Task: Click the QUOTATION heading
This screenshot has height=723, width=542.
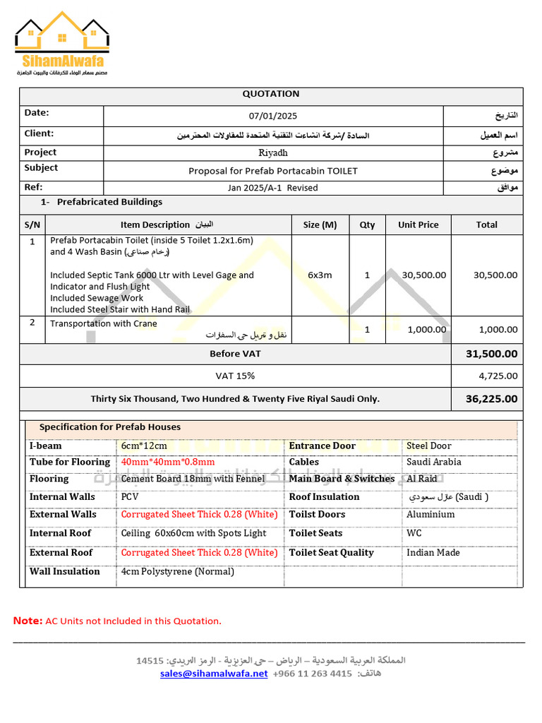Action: pos(271,94)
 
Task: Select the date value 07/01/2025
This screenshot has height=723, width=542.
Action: pos(273,116)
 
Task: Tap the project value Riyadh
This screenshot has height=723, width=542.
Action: pos(273,153)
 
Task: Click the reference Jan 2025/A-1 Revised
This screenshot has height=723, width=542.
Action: pos(272,188)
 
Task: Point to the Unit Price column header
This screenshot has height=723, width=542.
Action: pos(418,225)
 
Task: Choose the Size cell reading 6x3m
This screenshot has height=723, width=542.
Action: pos(320,275)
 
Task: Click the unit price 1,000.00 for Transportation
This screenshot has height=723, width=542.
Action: pos(424,329)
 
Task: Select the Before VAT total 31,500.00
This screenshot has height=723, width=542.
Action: pos(491,354)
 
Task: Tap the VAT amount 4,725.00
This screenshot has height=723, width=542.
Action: pos(498,376)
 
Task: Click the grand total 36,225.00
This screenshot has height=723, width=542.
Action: pos(491,399)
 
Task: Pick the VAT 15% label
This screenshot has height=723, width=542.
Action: pos(235,376)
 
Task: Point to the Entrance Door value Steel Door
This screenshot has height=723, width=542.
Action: pos(428,446)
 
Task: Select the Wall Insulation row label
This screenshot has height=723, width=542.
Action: pos(65,571)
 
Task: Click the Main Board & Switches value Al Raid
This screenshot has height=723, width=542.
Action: pos(421,479)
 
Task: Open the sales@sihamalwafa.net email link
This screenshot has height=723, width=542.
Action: pos(214,674)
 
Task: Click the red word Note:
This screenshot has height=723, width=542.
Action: pos(28,621)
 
